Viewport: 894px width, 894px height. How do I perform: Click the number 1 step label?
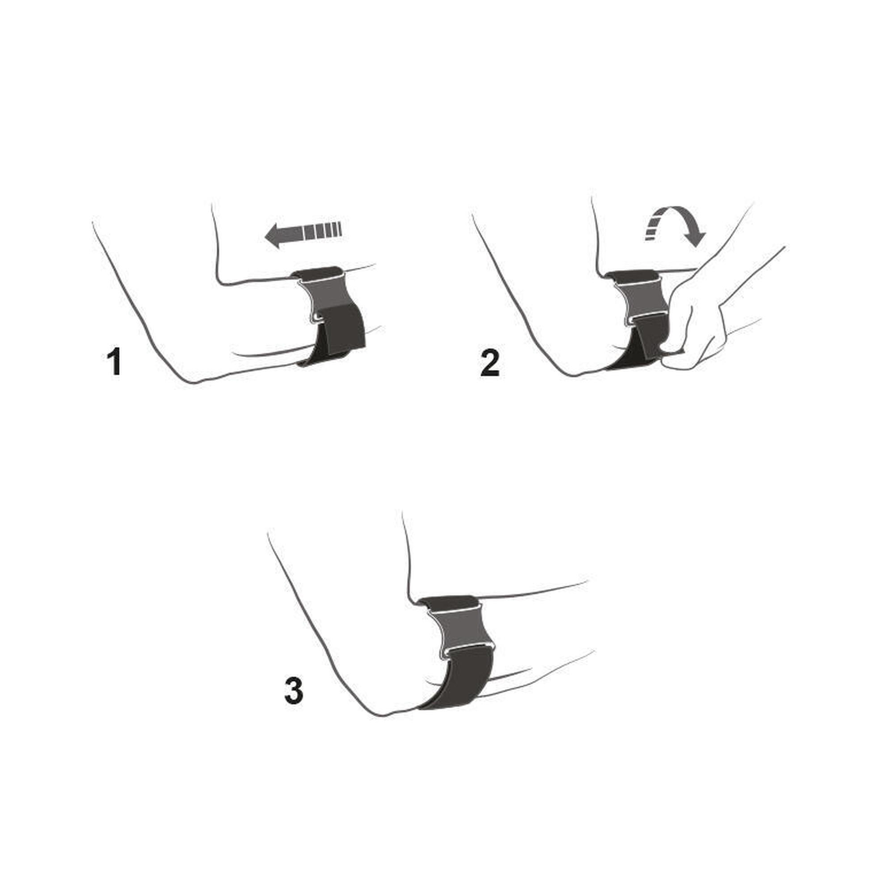tap(114, 363)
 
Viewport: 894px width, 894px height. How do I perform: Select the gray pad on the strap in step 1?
tap(326, 297)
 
